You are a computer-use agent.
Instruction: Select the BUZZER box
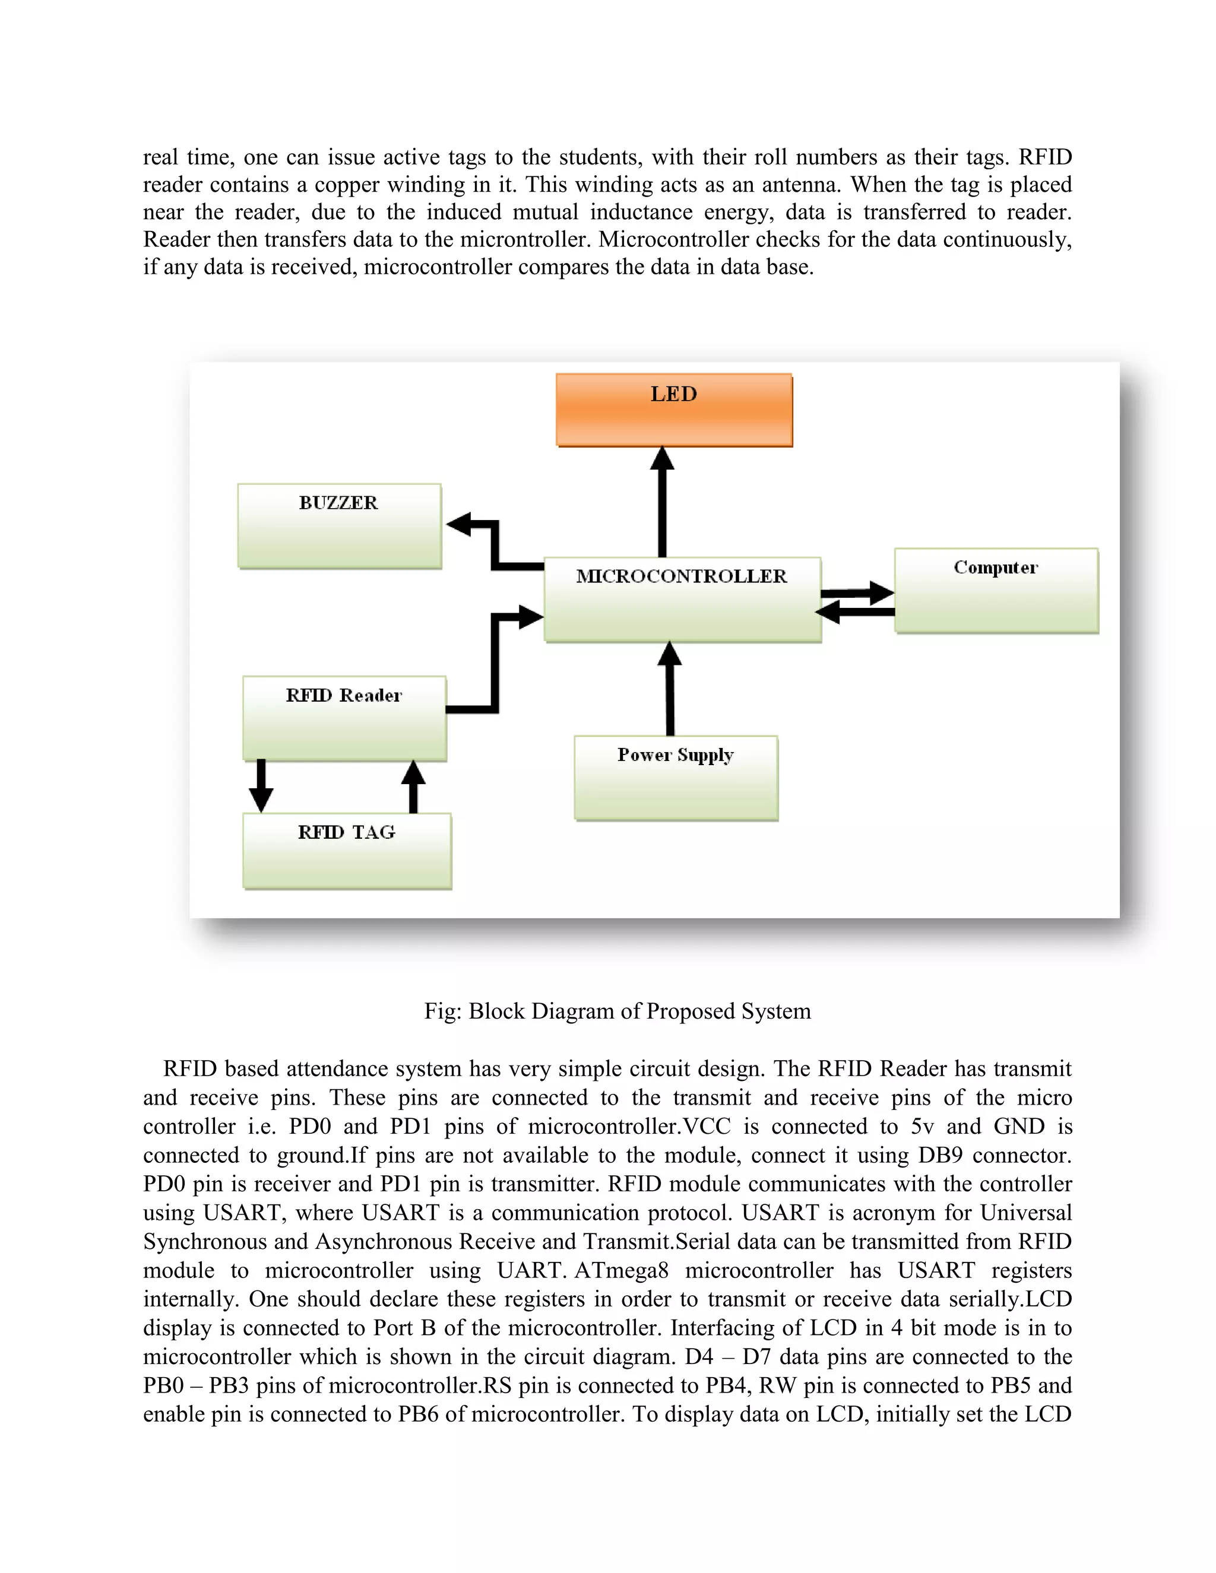point(339,526)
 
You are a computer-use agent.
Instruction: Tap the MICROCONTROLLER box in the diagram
point(682,600)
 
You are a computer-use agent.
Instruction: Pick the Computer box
point(996,591)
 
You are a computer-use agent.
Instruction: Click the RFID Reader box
point(344,718)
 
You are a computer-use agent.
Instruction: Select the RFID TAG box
point(347,851)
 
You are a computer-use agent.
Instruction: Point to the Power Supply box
point(676,778)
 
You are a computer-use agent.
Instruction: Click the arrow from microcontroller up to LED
point(662,504)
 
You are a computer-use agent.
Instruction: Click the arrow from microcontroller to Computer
point(857,593)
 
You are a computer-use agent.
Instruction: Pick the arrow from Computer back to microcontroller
point(856,612)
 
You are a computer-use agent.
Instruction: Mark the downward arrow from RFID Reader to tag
point(261,786)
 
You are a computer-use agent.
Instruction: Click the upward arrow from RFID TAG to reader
point(413,786)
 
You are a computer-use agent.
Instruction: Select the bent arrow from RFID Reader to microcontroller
point(495,662)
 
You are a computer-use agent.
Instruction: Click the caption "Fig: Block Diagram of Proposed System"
point(617,1011)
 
